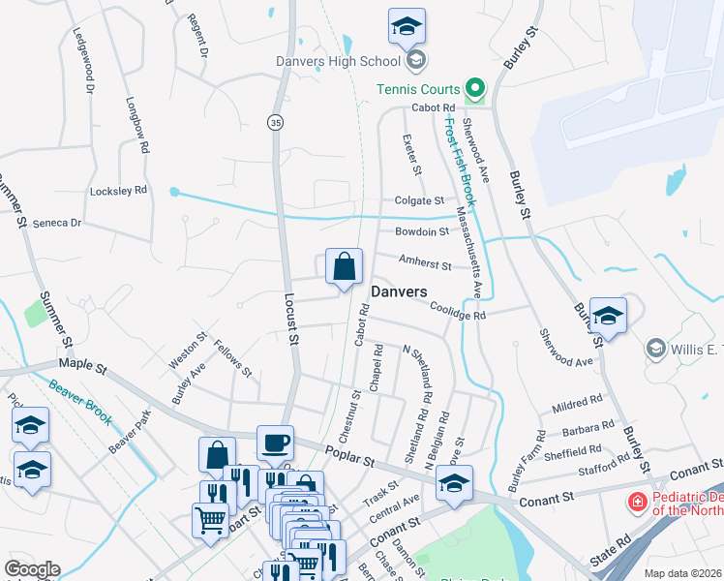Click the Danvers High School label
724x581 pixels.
click(339, 61)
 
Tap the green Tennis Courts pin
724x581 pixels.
click(474, 90)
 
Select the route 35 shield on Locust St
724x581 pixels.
click(276, 122)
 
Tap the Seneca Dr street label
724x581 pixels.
click(57, 223)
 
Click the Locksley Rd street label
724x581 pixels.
click(117, 191)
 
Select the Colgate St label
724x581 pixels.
click(418, 200)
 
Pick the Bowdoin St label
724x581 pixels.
click(422, 231)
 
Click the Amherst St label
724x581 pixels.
click(425, 263)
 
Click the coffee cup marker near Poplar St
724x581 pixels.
click(275, 443)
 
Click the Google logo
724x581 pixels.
click(32, 569)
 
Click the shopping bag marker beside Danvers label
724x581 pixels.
click(344, 265)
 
